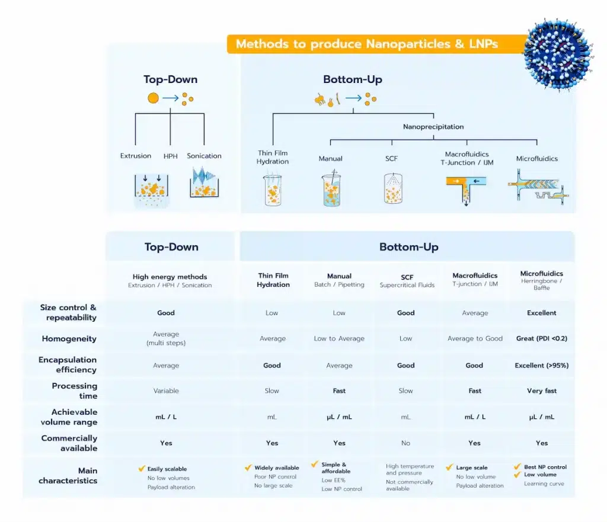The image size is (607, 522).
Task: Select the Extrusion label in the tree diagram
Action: pos(136,156)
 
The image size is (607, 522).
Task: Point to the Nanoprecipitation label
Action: pos(433,127)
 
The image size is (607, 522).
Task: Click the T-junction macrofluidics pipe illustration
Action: pos(467,188)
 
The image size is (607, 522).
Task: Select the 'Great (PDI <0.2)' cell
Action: pos(541,338)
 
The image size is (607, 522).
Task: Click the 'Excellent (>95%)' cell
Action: pos(541,366)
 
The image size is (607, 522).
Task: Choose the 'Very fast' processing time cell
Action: pos(541,391)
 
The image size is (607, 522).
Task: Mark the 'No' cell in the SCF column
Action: pos(405,443)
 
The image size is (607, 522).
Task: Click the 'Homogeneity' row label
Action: pos(69,339)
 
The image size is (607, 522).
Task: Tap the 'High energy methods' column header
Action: pos(170,276)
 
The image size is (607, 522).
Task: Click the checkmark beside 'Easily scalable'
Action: pos(142,468)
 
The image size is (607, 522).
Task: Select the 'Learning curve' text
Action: pos(544,483)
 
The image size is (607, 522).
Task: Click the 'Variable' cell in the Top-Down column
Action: pos(166,391)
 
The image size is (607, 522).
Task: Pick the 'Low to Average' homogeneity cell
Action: pos(339,338)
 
